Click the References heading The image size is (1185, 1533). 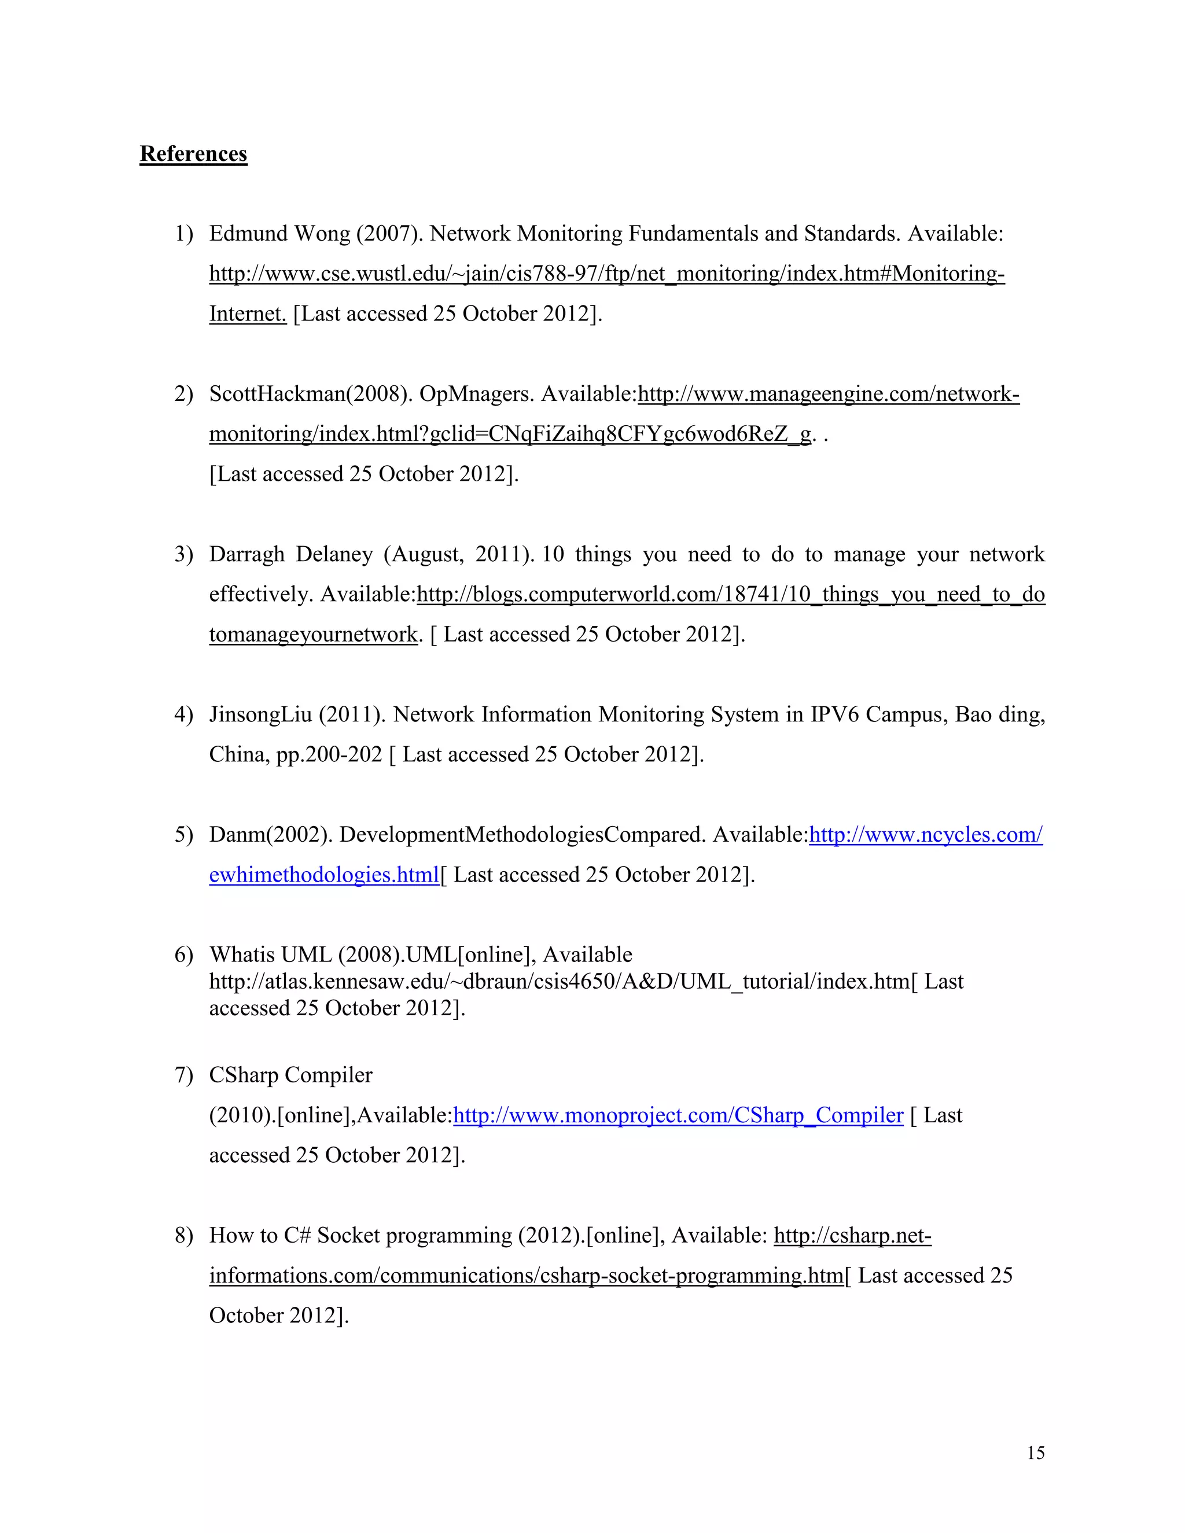[193, 154]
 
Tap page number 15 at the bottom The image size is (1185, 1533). [1036, 1452]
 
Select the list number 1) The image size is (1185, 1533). [183, 234]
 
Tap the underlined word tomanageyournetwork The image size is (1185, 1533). [313, 635]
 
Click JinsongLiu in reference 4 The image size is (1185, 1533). [260, 714]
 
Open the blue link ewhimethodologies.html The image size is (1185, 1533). [323, 875]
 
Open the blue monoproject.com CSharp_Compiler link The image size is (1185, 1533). [678, 1115]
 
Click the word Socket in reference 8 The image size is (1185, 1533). [348, 1236]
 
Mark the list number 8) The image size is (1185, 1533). [183, 1236]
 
